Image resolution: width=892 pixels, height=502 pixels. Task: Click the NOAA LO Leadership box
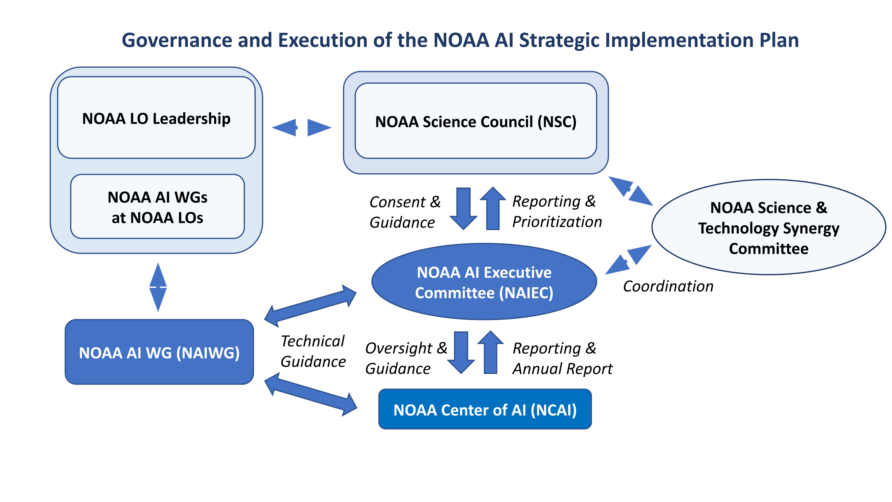156,118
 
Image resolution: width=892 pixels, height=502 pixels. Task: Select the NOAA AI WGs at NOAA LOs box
157,207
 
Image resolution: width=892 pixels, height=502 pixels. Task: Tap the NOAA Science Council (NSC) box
475,121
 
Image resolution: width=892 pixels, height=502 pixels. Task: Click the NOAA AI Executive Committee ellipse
484,282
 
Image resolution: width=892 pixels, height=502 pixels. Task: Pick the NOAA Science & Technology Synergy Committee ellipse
768,228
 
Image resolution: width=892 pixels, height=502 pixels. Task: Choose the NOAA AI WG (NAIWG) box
159,352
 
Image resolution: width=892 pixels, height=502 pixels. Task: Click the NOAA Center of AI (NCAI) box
485,410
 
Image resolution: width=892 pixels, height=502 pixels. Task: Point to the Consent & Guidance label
404,212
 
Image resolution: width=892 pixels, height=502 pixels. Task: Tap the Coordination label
668,286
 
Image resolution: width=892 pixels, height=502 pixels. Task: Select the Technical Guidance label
313,351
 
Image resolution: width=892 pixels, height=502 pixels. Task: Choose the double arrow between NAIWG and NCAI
311,394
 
